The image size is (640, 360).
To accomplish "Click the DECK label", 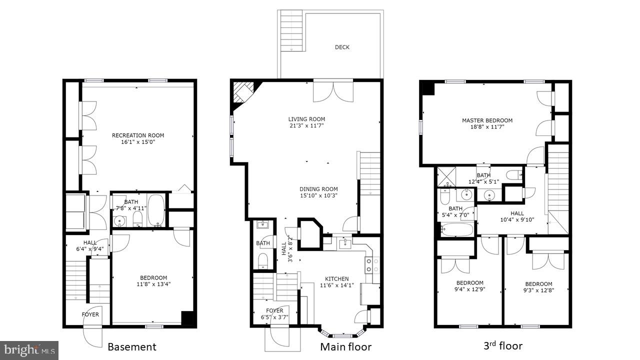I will tap(342, 47).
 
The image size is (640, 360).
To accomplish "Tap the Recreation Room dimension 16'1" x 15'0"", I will tap(137, 142).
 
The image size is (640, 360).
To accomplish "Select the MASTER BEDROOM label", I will tap(487, 120).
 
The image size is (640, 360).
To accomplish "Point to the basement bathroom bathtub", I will tap(155, 210).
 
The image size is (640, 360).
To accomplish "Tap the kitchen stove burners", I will tap(368, 265).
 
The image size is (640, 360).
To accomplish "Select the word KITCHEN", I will tap(336, 279).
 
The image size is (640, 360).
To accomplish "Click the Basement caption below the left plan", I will tap(132, 346).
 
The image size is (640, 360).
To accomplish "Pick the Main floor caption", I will tap(345, 346).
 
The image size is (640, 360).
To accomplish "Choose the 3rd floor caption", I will tap(503, 345).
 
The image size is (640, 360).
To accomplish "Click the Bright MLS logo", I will tap(29, 349).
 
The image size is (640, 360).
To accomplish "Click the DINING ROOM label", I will tap(318, 189).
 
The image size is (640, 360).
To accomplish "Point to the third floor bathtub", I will tap(457, 230).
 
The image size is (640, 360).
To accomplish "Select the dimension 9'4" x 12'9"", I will tap(469, 289).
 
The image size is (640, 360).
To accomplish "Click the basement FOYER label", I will tap(90, 314).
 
